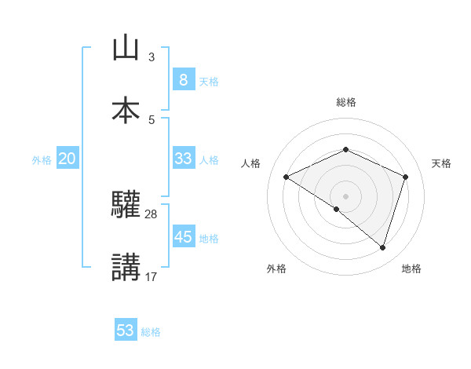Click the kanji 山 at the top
click(126, 49)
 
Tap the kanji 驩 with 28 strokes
click(126, 206)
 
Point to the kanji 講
click(126, 267)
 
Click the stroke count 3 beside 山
click(152, 57)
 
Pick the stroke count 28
click(152, 214)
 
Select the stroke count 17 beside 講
click(152, 276)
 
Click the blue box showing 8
click(183, 80)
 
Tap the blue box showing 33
click(183, 159)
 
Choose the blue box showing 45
click(183, 237)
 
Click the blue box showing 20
click(67, 159)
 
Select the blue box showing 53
click(126, 331)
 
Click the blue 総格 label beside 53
click(151, 332)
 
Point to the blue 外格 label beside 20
click(42, 160)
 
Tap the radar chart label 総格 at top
click(345, 102)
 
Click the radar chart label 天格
click(442, 163)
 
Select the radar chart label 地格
click(411, 269)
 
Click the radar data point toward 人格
click(287, 177)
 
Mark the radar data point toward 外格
click(337, 209)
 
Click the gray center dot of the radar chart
click(345, 195)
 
